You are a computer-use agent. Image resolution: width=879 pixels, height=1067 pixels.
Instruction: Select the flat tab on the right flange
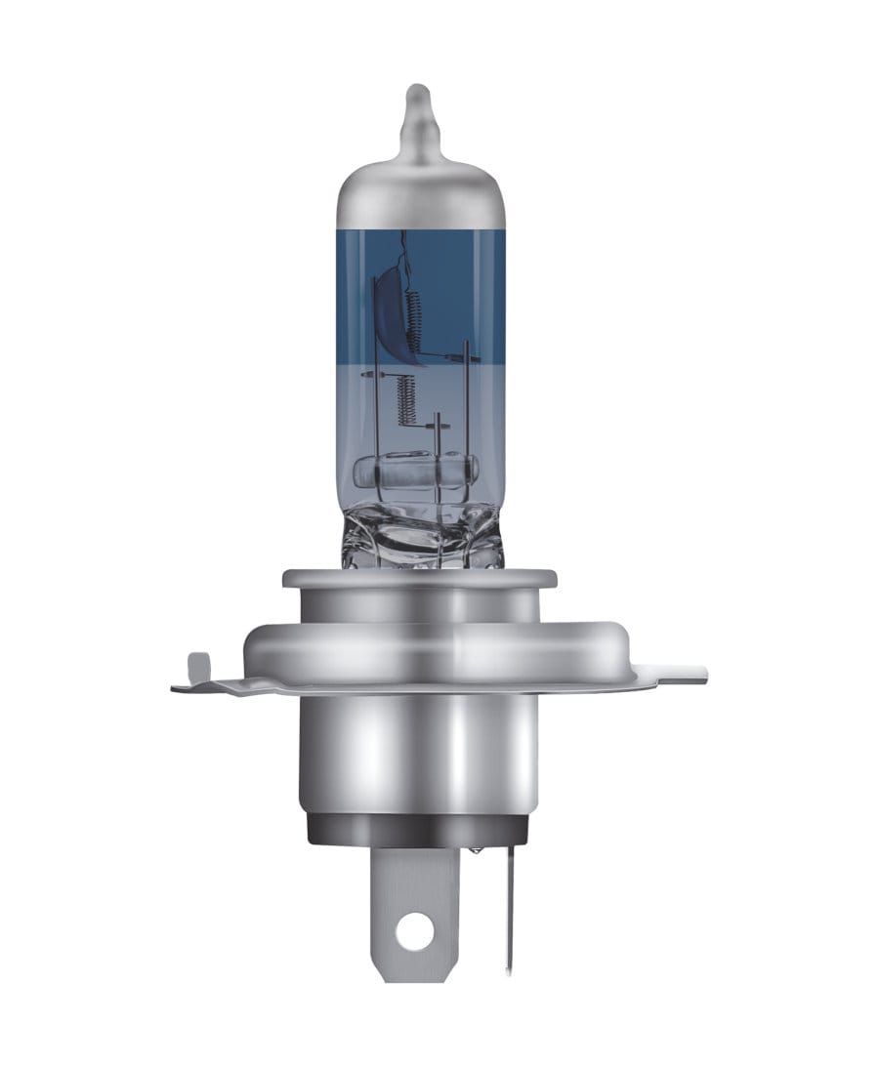tap(684, 674)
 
